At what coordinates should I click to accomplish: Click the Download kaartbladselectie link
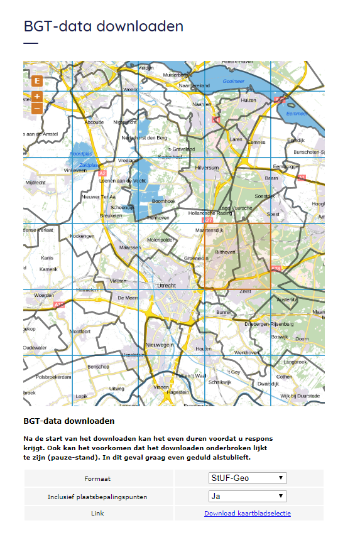pos(247,514)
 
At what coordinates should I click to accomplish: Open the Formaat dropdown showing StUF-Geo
pos(248,478)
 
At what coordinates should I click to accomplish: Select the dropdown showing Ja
pos(248,496)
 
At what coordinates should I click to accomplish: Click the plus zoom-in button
pos(36,97)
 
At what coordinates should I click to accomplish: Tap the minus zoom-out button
pos(36,108)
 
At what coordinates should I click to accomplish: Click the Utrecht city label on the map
pos(166,285)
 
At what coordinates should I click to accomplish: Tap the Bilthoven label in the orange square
pos(225,252)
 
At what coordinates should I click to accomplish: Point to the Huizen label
pos(249,100)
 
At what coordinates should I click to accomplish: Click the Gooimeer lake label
pos(233,82)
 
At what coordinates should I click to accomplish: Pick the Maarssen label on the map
pos(129,248)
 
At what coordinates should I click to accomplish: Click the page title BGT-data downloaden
pos(104,26)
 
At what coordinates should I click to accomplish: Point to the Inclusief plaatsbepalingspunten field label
pos(97,497)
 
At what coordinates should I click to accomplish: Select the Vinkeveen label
pos(75,170)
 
